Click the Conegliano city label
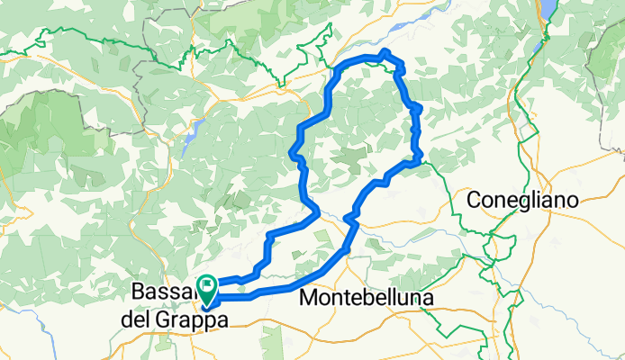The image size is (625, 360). tap(522, 201)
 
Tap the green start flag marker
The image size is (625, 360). tap(206, 286)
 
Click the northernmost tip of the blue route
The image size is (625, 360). tap(385, 51)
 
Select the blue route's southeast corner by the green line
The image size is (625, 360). tap(419, 161)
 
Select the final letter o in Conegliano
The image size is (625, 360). tap(571, 201)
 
